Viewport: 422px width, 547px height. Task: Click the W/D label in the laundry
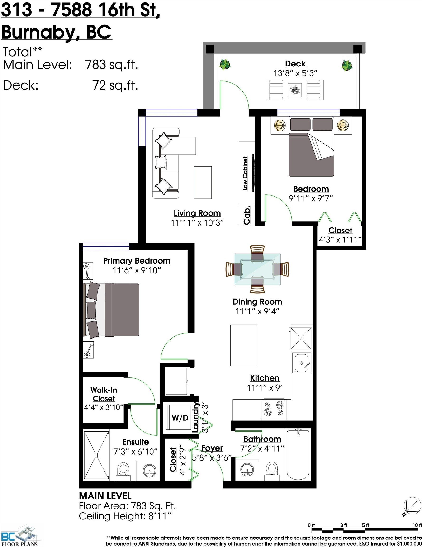click(x=180, y=418)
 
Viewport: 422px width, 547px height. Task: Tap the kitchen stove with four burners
click(x=274, y=409)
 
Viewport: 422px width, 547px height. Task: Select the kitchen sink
click(x=302, y=363)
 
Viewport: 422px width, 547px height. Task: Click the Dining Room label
click(x=257, y=302)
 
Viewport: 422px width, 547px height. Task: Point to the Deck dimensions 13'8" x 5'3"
click(x=295, y=73)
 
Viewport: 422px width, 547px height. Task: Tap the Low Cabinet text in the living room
click(x=245, y=174)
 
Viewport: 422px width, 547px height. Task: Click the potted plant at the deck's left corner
click(x=225, y=64)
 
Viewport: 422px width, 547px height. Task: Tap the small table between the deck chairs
click(x=295, y=90)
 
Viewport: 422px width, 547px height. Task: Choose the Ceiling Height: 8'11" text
click(x=125, y=516)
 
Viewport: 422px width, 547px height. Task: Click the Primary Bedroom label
click(x=137, y=261)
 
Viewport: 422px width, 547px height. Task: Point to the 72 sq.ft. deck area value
click(x=115, y=85)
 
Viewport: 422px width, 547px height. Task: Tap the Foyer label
click(x=212, y=448)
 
